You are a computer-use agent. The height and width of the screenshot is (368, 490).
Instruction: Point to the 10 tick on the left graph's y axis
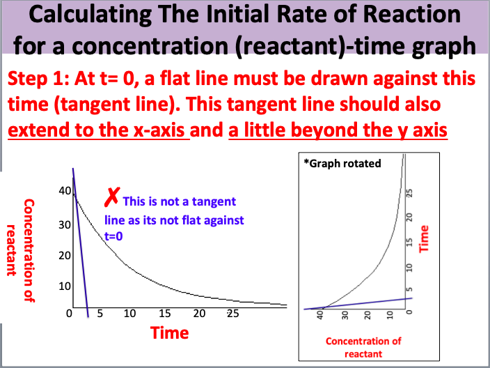(62, 286)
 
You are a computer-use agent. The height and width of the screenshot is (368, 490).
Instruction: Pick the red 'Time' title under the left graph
(170, 333)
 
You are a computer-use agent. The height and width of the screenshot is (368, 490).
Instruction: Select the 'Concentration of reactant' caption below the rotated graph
(363, 347)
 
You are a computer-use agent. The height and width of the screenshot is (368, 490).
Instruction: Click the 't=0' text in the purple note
(113, 237)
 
